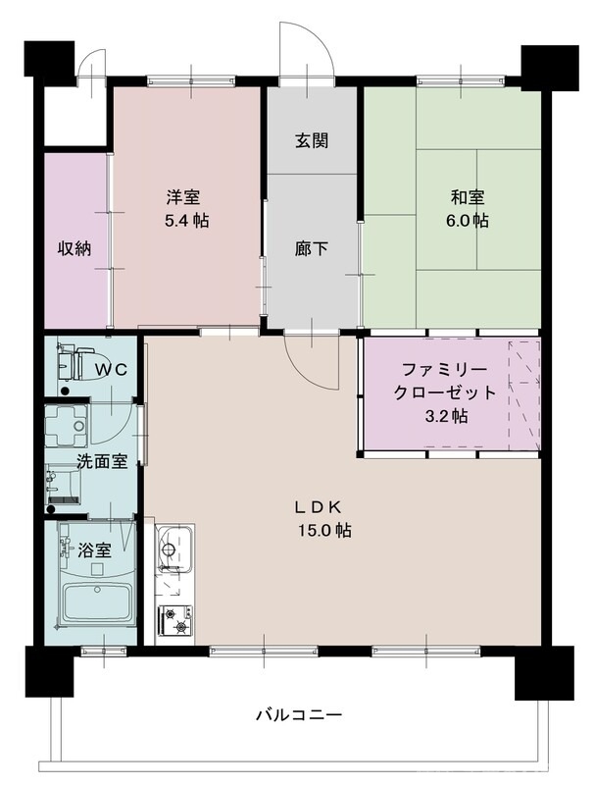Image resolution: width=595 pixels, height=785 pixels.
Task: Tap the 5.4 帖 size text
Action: (186, 221)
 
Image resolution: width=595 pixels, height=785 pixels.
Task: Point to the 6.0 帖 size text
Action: (468, 221)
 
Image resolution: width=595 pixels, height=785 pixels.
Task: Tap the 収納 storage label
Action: (74, 248)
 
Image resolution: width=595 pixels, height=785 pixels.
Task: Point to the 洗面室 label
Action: (102, 460)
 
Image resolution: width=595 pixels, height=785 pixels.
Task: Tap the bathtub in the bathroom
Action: (97, 602)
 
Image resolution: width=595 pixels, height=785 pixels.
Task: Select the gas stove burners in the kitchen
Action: (177, 621)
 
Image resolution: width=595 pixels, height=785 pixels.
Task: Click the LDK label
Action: (319, 507)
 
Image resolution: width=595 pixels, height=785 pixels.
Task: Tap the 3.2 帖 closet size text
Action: (445, 415)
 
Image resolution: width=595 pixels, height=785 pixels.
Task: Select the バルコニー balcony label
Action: (299, 714)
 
